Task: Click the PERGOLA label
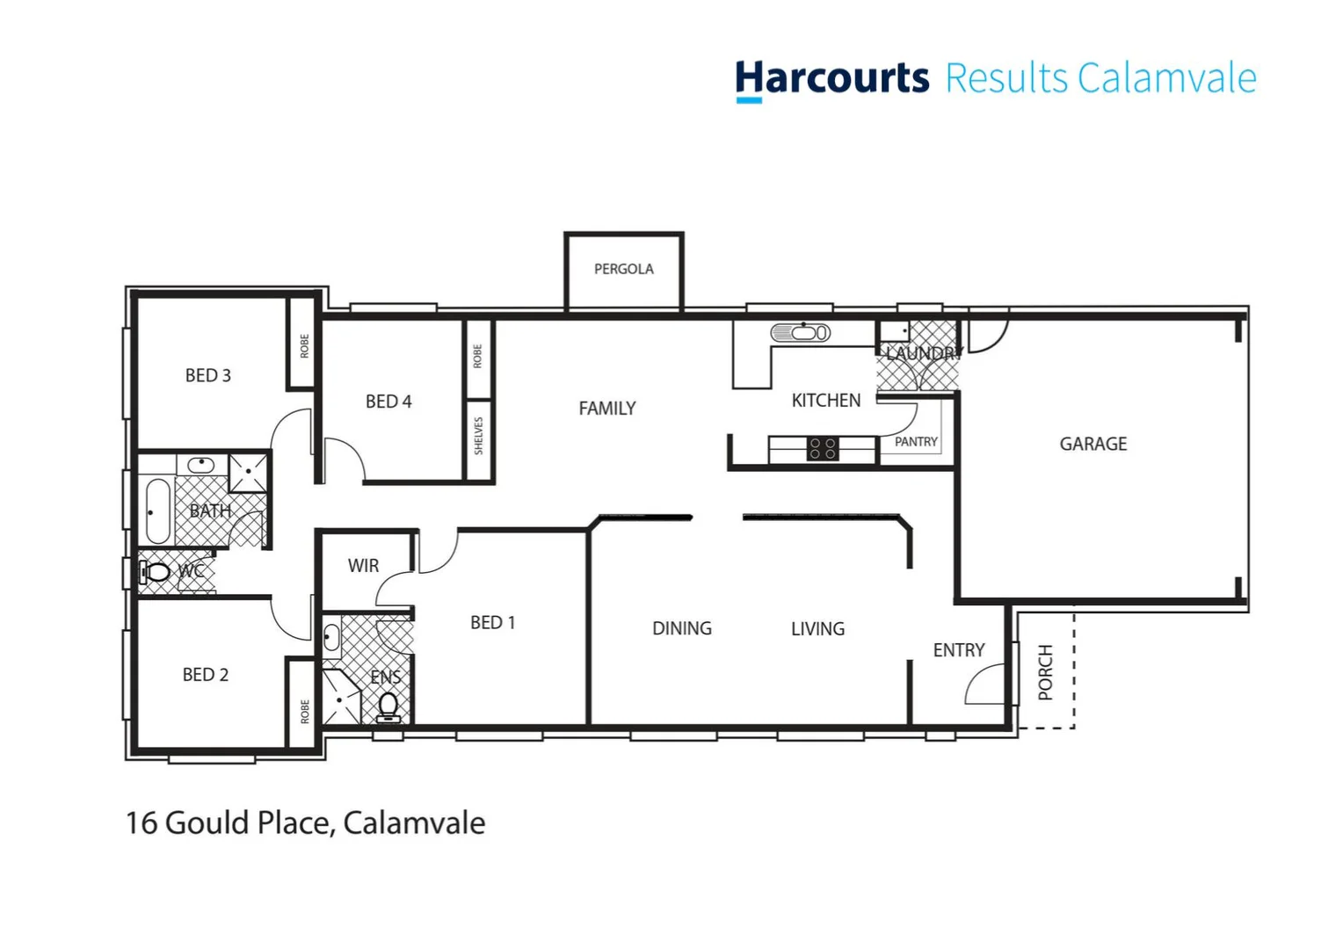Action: point(623,269)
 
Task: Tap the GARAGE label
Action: point(1093,444)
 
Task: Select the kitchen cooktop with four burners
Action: point(823,449)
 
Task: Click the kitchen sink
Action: point(800,333)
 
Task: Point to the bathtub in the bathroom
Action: point(157,511)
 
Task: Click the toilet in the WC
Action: point(156,572)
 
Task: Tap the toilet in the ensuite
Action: point(388,706)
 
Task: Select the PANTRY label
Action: point(916,442)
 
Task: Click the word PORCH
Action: point(1045,672)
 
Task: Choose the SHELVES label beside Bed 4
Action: point(479,436)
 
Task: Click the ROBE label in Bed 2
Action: point(305,711)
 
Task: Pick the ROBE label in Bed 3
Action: point(305,346)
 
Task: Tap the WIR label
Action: point(363,566)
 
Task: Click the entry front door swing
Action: point(984,685)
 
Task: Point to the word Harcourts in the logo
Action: point(831,78)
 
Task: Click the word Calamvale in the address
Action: point(413,823)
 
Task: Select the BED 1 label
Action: point(492,622)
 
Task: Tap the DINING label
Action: point(681,628)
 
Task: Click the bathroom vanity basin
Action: point(201,464)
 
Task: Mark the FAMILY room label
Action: point(606,409)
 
